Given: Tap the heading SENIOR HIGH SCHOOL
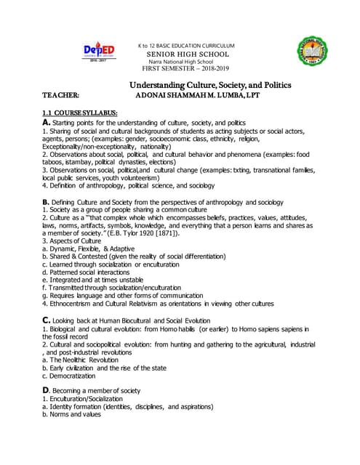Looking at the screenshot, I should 188,54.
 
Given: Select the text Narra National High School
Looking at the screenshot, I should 187,62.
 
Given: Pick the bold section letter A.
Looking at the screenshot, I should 46,124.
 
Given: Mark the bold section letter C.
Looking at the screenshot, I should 47,320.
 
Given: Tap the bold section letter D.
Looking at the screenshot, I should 47,390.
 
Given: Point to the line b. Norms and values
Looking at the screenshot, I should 72,414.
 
